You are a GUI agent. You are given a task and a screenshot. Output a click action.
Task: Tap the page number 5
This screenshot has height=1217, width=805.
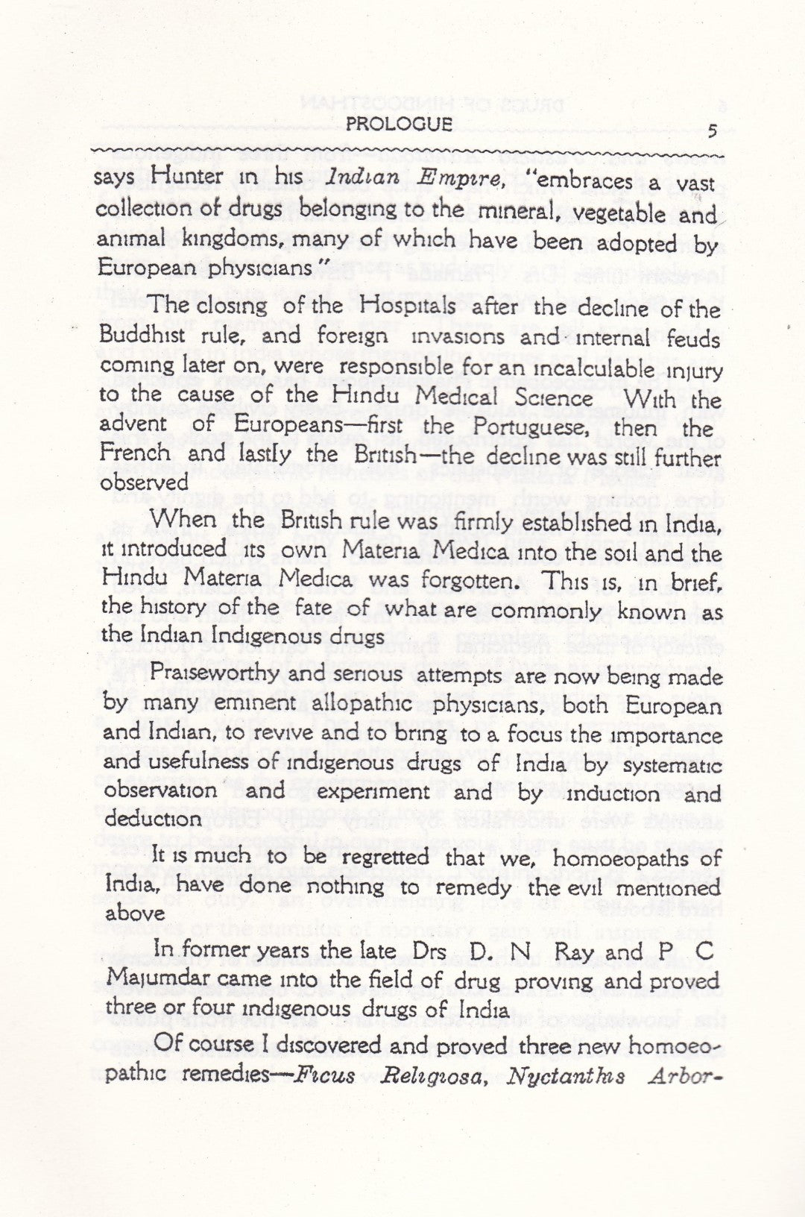coord(712,130)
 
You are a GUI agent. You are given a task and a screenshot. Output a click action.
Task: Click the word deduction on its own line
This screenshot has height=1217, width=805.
coord(153,819)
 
